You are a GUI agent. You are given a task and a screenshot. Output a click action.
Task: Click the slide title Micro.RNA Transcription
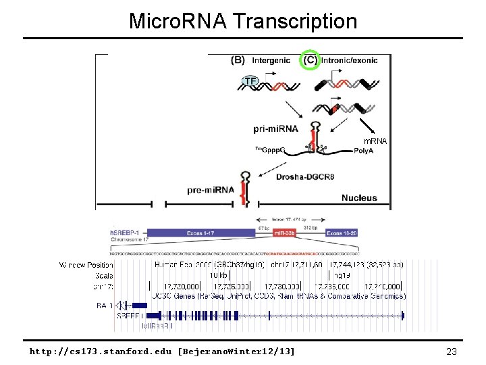[243, 21]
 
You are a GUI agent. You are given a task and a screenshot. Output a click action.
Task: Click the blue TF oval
[250, 81]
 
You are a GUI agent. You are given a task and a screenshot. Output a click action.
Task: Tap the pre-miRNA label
[211, 190]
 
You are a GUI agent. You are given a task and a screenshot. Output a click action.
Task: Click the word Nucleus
[359, 198]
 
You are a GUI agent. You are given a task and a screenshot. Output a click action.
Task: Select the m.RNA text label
[376, 141]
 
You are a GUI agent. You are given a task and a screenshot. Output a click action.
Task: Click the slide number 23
[452, 351]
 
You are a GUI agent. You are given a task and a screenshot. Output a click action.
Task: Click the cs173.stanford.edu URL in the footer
[162, 351]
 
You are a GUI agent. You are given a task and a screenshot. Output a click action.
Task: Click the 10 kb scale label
[217, 276]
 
